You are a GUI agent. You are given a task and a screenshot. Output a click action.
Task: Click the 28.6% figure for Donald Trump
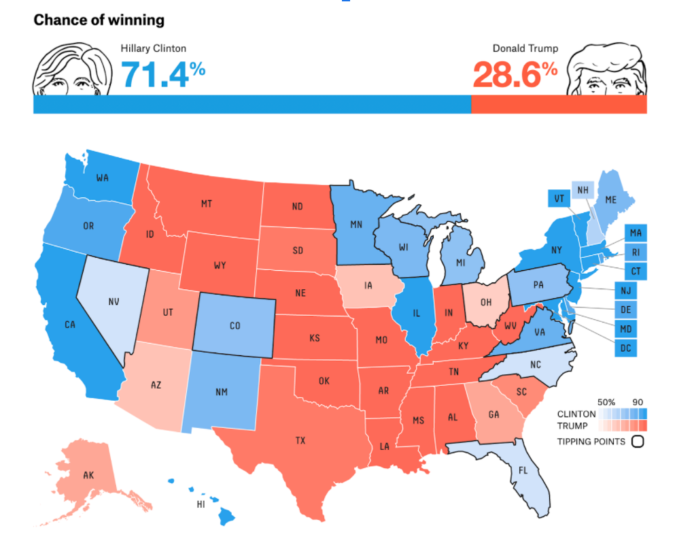[515, 74]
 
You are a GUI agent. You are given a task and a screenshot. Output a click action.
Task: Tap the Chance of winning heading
[99, 20]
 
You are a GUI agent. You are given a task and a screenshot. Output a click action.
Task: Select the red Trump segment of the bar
[558, 104]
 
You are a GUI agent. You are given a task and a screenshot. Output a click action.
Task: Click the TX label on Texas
[300, 440]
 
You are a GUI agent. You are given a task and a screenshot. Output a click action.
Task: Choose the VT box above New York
[558, 198]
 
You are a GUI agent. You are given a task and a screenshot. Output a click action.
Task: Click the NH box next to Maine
[583, 190]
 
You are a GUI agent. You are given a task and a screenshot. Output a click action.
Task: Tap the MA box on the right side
[635, 233]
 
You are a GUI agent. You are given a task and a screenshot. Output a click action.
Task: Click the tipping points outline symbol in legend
[637, 442]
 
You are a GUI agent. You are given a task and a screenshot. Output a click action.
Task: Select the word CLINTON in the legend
[576, 414]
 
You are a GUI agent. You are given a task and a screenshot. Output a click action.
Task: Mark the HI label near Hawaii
[201, 504]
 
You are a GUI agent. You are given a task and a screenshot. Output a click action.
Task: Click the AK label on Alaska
[88, 475]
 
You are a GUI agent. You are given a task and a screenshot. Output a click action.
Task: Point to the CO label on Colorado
[235, 326]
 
